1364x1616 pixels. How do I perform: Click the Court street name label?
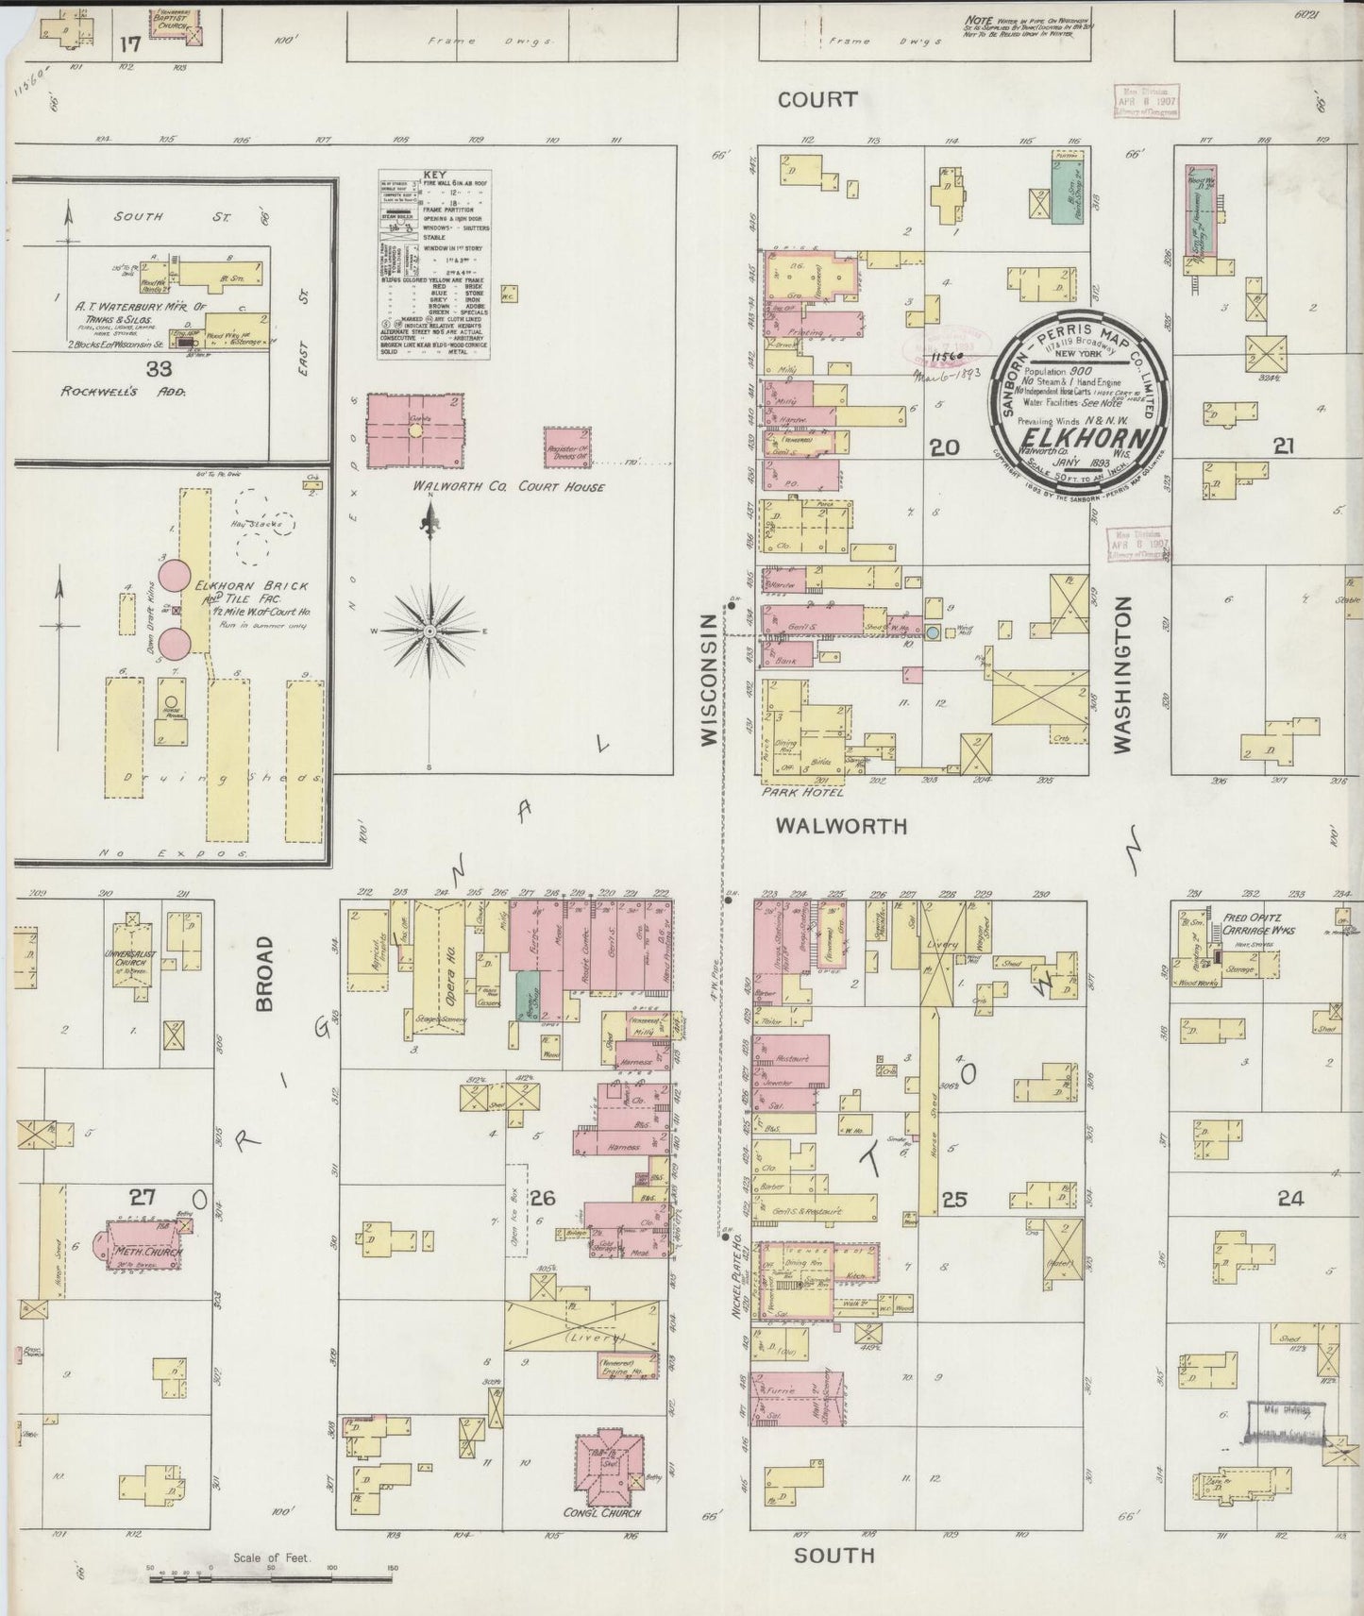817,99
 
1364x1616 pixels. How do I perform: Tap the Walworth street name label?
841,826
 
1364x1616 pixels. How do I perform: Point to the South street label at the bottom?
834,1555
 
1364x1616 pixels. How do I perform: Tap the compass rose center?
429,630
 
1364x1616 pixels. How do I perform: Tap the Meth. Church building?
142,1252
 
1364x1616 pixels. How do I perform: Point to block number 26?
542,1199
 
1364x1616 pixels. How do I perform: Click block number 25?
954,1200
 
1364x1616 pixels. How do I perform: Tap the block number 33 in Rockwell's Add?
166,371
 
